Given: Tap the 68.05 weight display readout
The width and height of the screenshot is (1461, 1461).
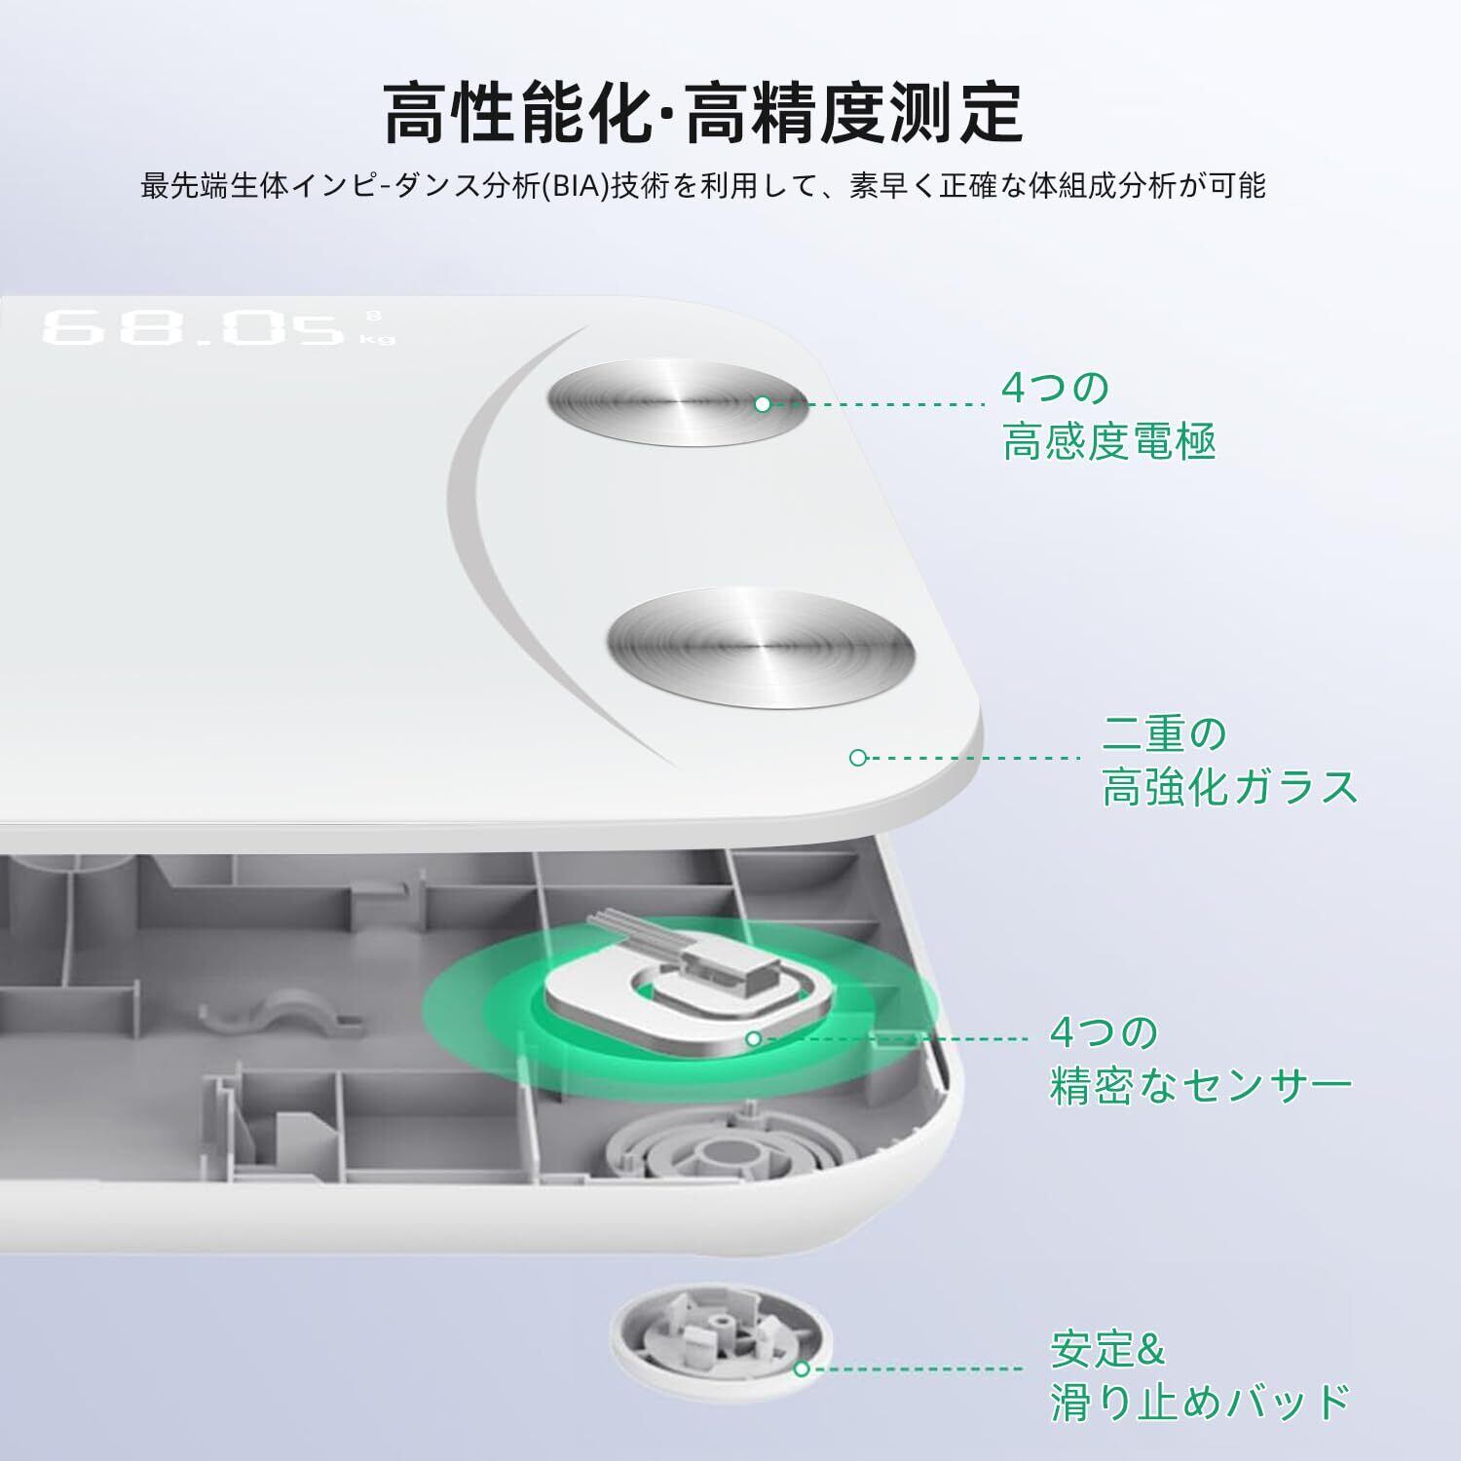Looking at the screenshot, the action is [x=194, y=327].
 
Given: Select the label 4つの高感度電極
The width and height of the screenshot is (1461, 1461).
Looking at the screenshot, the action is [x=1108, y=415].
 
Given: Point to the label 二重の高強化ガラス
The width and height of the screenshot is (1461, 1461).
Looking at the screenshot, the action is [x=1230, y=760].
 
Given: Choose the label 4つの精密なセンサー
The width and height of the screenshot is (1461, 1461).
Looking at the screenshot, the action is [x=1201, y=1059].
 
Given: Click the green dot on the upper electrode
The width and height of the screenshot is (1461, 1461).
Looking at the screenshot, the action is [x=763, y=403].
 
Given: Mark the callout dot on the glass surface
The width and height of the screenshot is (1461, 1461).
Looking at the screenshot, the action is [x=858, y=757].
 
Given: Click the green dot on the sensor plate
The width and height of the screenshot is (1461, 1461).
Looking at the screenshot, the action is [x=753, y=1038].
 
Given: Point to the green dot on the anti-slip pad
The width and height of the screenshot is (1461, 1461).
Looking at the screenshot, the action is [x=802, y=1368].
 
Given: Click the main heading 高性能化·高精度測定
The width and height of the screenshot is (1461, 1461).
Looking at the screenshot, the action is [x=702, y=113].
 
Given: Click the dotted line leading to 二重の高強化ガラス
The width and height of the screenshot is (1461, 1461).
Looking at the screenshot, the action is [x=974, y=757].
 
